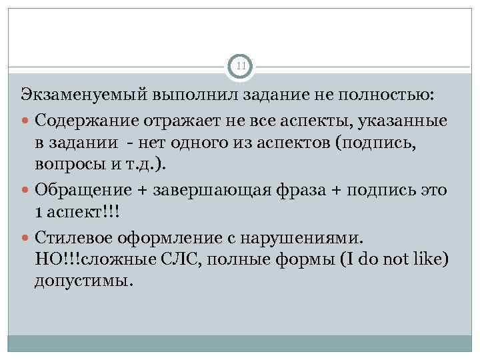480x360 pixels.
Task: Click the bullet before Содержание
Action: [26, 121]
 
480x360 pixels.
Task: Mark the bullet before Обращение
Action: [26, 191]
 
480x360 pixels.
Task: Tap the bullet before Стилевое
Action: [26, 239]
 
